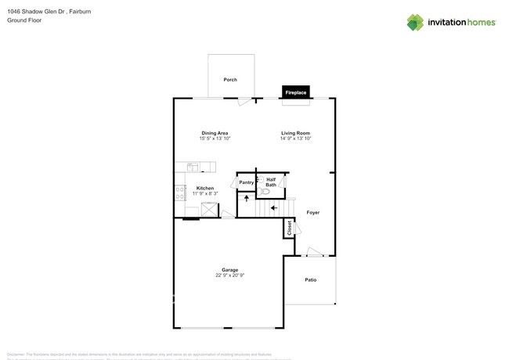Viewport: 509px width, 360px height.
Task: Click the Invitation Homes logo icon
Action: (x=415, y=23)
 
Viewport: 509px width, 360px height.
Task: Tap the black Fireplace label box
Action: (x=295, y=92)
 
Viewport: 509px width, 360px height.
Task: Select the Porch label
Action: (x=230, y=80)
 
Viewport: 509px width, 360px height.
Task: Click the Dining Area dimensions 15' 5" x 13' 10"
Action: (x=215, y=139)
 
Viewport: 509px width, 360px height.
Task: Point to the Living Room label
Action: (x=296, y=133)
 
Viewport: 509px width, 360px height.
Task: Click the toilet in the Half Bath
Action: (x=265, y=190)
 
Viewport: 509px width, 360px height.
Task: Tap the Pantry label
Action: (x=247, y=182)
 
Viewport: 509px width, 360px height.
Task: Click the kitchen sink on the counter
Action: (x=193, y=166)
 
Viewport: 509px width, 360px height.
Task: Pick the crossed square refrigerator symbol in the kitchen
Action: (x=209, y=209)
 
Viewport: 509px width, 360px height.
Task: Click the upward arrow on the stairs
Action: (x=247, y=199)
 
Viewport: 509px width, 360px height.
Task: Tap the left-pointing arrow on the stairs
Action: (x=273, y=207)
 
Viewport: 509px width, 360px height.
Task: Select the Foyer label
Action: (x=312, y=212)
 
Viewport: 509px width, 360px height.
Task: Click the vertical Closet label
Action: (x=289, y=228)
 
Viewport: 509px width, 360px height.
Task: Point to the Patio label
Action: (x=310, y=279)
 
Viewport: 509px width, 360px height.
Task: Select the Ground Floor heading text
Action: (x=24, y=20)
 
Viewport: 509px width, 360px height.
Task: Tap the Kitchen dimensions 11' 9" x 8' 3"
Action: (x=205, y=193)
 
